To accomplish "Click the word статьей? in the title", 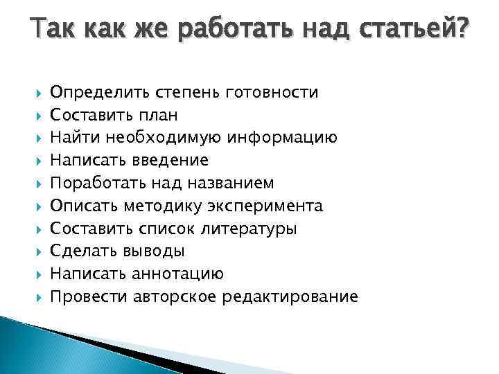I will [409, 32].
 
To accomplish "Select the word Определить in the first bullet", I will [94, 92].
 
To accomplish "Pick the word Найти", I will [72, 138].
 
